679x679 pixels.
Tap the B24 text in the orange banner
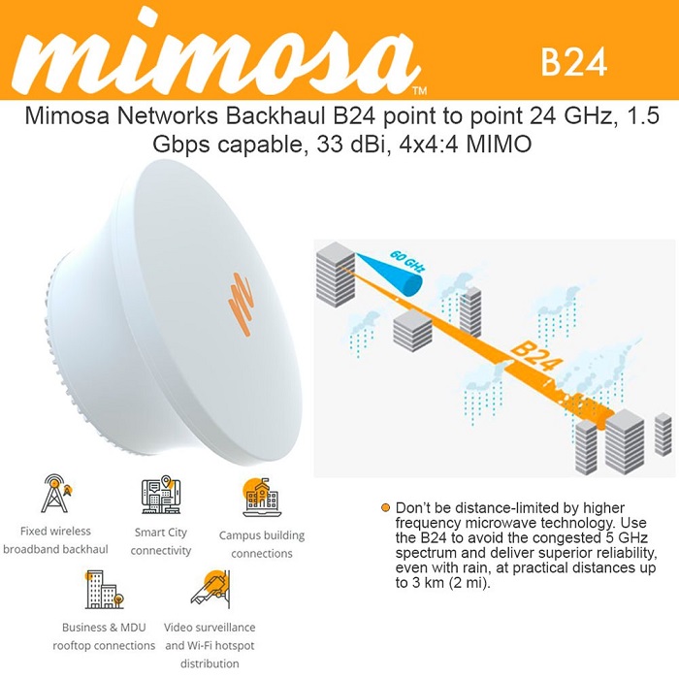click(x=574, y=62)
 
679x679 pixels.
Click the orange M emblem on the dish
click(x=241, y=304)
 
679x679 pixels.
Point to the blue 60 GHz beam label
click(x=407, y=261)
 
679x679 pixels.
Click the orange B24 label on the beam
click(x=536, y=358)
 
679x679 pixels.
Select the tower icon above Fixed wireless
click(x=56, y=494)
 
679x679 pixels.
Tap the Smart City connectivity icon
click(x=161, y=495)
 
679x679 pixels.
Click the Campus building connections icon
click(x=262, y=498)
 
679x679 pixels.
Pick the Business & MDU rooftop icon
click(x=105, y=590)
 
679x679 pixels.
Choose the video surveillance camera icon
click(x=210, y=590)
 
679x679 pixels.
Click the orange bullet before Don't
click(x=385, y=508)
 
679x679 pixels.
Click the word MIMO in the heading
click(x=499, y=144)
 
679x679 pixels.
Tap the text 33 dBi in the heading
click(x=351, y=144)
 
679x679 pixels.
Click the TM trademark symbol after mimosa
click(x=420, y=90)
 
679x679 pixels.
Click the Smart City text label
click(x=161, y=533)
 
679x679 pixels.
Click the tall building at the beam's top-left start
click(x=336, y=275)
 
